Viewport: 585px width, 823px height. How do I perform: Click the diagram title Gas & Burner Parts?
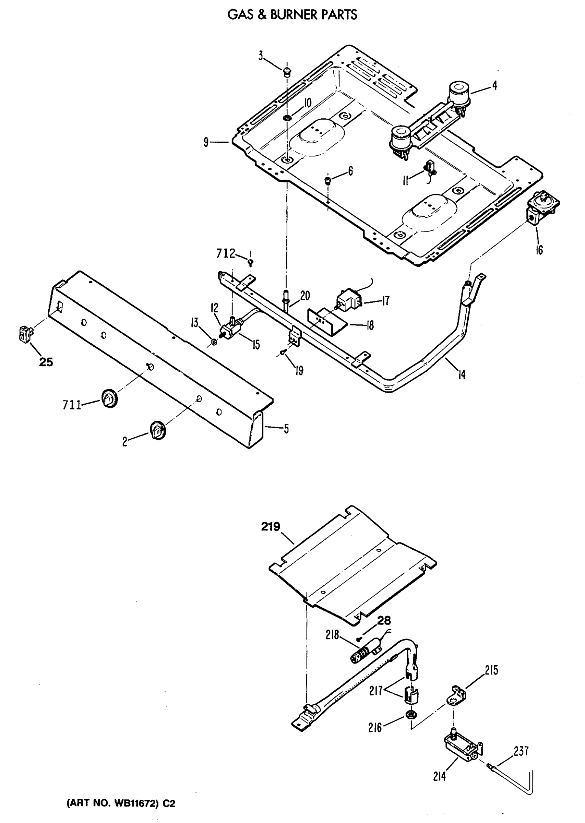[x=292, y=15]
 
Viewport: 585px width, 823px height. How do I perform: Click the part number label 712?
[x=226, y=254]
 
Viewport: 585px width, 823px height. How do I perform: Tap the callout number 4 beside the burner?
[x=494, y=85]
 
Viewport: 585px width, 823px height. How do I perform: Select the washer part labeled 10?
[x=287, y=117]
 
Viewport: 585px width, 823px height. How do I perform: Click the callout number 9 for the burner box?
[x=206, y=143]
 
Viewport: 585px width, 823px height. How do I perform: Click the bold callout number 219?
[x=271, y=527]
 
